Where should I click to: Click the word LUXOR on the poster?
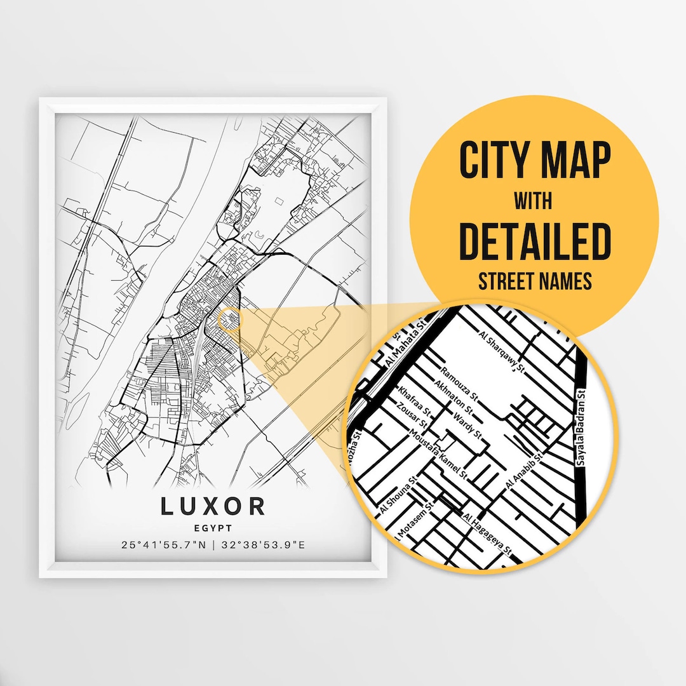(213, 506)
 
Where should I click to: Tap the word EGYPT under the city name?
(213, 527)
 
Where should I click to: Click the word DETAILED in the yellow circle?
(534, 242)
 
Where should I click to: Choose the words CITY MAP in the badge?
(534, 161)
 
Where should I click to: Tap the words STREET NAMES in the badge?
(534, 281)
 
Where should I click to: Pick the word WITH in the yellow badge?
(534, 202)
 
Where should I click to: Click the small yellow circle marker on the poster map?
(230, 319)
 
